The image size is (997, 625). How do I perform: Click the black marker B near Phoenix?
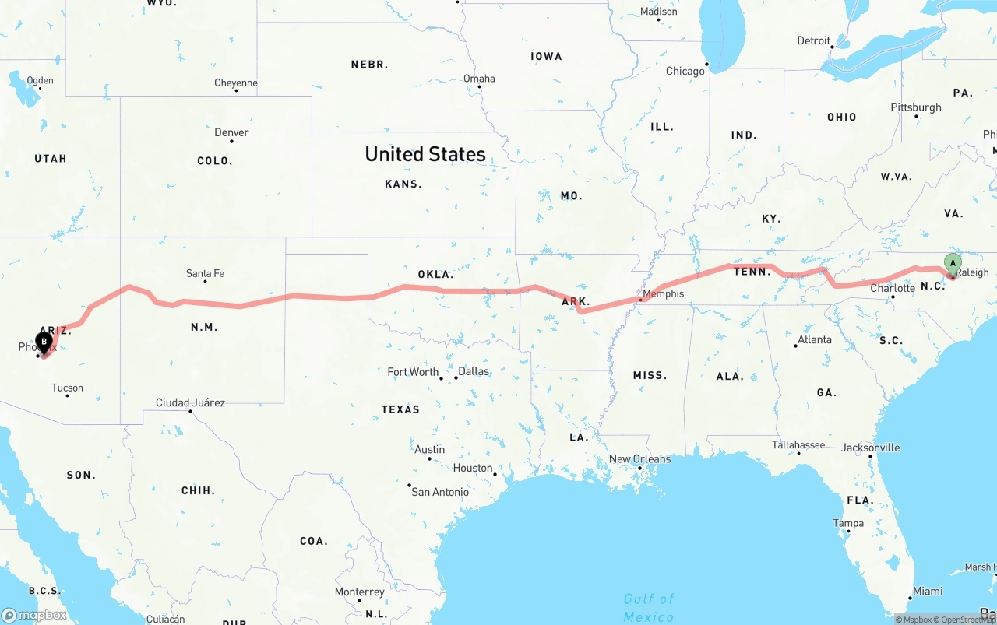[44, 341]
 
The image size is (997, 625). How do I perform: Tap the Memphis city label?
[663, 293]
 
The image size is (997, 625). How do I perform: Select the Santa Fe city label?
[205, 273]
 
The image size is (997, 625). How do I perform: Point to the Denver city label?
[231, 132]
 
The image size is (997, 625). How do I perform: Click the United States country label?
[425, 154]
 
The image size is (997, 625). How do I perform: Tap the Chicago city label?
[685, 71]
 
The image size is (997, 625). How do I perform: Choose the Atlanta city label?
[815, 339]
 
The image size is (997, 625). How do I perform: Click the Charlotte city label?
[893, 288]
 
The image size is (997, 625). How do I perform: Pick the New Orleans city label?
[639, 458]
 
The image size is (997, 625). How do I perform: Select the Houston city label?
[473, 468]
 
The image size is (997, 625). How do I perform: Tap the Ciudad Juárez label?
[190, 402]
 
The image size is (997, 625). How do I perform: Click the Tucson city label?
[67, 388]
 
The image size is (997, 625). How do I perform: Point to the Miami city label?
[928, 591]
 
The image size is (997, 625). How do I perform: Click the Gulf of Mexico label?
[649, 607]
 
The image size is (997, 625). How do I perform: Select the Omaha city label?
[479, 78]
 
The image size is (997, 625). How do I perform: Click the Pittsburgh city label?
[916, 107]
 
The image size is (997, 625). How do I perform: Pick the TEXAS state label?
[400, 409]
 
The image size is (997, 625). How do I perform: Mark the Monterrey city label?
[360, 592]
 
